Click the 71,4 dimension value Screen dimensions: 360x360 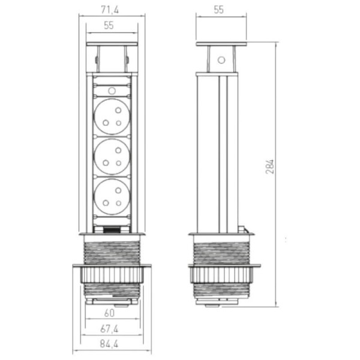(x=110, y=10)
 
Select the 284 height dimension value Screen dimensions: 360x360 (x=270, y=166)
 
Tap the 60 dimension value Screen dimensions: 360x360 (x=109, y=313)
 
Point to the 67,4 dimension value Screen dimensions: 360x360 (x=109, y=329)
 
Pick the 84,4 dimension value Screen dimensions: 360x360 (x=109, y=344)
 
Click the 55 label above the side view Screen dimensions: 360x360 (x=218, y=10)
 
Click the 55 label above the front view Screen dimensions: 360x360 (x=109, y=25)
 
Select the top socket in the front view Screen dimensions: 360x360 (x=112, y=116)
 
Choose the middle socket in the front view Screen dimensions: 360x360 (x=112, y=157)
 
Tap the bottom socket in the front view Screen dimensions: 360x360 (x=112, y=197)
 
